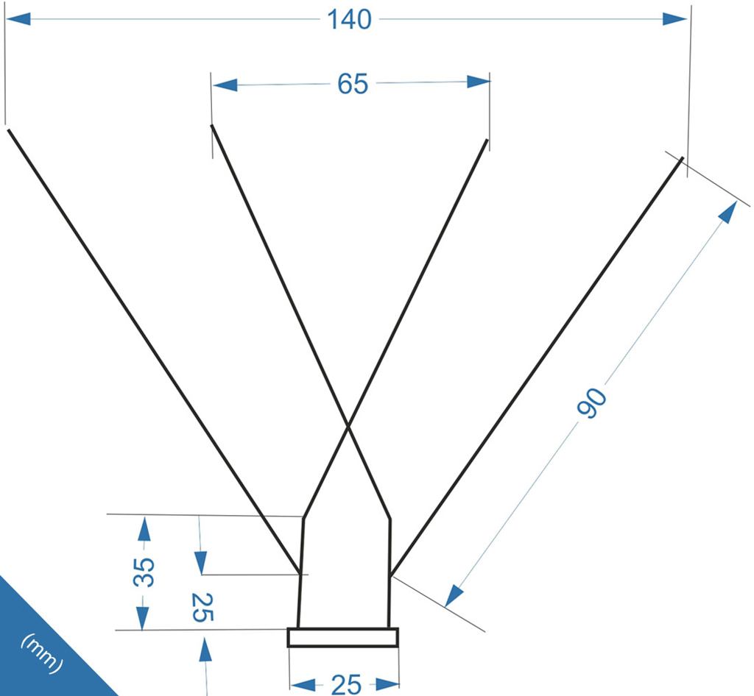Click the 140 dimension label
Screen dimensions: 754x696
click(x=349, y=20)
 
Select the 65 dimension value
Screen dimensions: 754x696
click(x=353, y=84)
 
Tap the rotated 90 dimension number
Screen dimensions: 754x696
click(x=592, y=402)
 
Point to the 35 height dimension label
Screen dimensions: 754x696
click(x=144, y=572)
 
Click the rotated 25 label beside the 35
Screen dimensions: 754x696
click(x=202, y=607)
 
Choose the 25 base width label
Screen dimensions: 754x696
click(x=346, y=684)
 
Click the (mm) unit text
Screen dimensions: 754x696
click(x=42, y=654)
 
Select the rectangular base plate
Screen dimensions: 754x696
click(x=343, y=637)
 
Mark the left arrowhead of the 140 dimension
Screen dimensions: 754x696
click(x=18, y=19)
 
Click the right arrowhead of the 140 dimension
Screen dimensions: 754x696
click(x=674, y=19)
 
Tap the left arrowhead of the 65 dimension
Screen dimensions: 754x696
click(x=225, y=85)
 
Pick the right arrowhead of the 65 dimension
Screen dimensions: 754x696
click(x=478, y=82)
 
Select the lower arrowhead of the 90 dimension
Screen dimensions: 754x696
click(x=454, y=596)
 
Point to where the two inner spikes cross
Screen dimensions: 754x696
click(x=348, y=425)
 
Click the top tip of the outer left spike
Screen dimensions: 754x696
click(x=8, y=129)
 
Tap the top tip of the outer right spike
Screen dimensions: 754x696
click(x=683, y=157)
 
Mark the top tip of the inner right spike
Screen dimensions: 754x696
click(x=487, y=140)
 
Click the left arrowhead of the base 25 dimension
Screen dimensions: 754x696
click(x=303, y=684)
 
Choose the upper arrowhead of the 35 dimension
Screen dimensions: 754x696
click(x=144, y=528)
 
